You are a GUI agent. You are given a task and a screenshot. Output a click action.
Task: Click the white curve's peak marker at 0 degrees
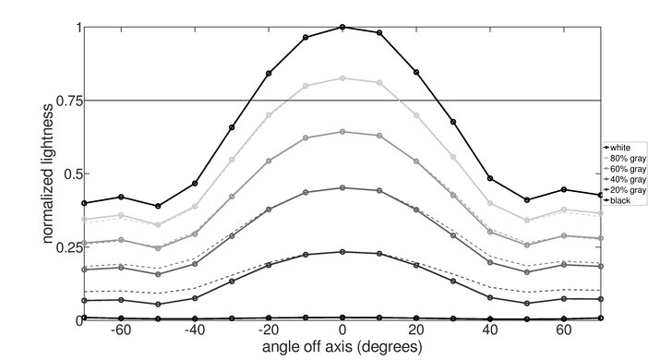tap(342, 27)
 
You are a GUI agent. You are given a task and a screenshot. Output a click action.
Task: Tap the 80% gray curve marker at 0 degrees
tap(342, 78)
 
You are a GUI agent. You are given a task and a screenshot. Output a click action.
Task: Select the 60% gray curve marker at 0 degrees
tap(342, 132)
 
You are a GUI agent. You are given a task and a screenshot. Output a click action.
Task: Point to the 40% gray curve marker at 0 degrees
tap(342, 187)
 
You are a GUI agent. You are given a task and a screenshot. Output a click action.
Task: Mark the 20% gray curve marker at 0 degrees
tap(342, 251)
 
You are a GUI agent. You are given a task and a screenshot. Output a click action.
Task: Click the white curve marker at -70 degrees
tap(84, 203)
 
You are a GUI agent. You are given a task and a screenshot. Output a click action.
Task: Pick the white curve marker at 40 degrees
tap(490, 178)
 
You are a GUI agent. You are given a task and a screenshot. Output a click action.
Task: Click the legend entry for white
tap(618, 147)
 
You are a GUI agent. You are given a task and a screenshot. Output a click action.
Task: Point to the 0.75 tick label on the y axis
tap(65, 101)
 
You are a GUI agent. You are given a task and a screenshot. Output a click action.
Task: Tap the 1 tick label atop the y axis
tap(76, 28)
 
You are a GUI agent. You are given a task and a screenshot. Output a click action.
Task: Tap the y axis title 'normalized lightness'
tap(45, 174)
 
